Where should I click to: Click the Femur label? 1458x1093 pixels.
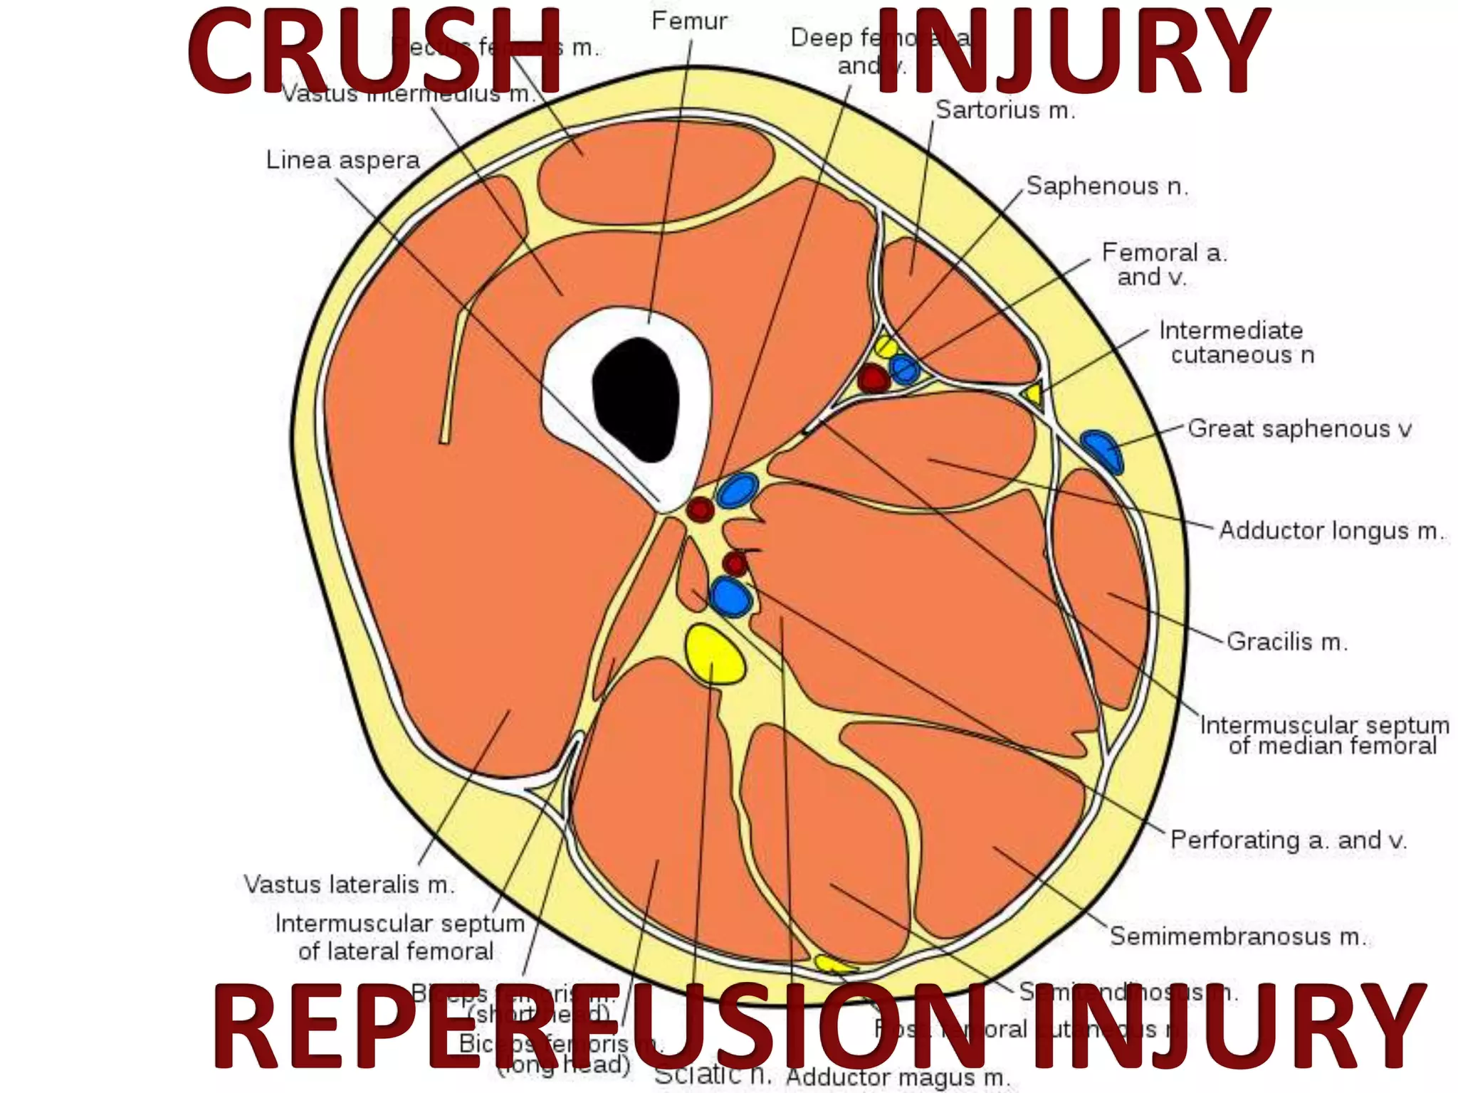(688, 21)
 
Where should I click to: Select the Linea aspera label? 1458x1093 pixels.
(342, 160)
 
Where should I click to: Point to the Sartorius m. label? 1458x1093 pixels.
(1005, 110)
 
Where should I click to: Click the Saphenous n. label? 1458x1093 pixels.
(1106, 186)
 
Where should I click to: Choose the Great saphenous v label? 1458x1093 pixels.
(1299, 429)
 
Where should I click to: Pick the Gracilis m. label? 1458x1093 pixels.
(1286, 642)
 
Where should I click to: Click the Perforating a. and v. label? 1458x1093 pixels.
(1288, 840)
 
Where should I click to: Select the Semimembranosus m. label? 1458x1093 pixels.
(1237, 936)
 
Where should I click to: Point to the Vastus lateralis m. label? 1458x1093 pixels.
(349, 885)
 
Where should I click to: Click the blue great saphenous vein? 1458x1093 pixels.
(1101, 450)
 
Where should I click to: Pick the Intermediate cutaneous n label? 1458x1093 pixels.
(1236, 342)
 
